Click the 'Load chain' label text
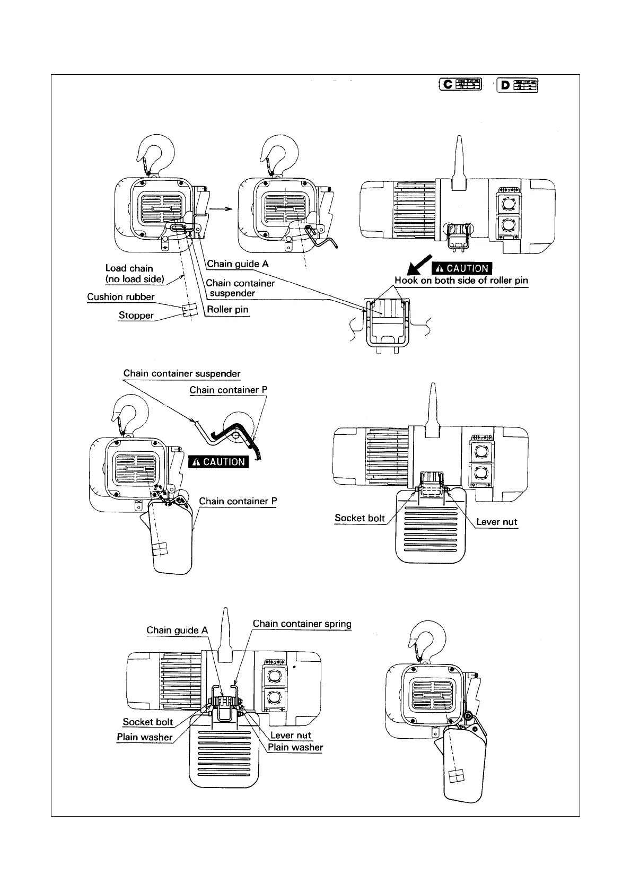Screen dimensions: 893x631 129,268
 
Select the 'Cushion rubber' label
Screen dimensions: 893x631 121,297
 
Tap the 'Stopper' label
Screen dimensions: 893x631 136,316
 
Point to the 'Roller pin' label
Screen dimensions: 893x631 227,309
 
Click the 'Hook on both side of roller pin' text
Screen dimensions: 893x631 461,281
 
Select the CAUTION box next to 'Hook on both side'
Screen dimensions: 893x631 461,268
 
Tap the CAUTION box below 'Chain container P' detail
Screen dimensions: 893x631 218,462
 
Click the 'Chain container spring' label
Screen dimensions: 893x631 302,624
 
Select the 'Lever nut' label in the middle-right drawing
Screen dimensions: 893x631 496,522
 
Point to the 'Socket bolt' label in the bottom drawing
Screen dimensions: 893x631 148,722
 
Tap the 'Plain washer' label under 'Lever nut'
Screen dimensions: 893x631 295,748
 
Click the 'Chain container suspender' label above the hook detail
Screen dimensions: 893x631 182,373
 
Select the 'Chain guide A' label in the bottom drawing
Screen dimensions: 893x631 177,630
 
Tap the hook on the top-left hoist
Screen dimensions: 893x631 155,152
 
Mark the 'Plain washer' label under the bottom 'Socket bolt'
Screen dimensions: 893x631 145,737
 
